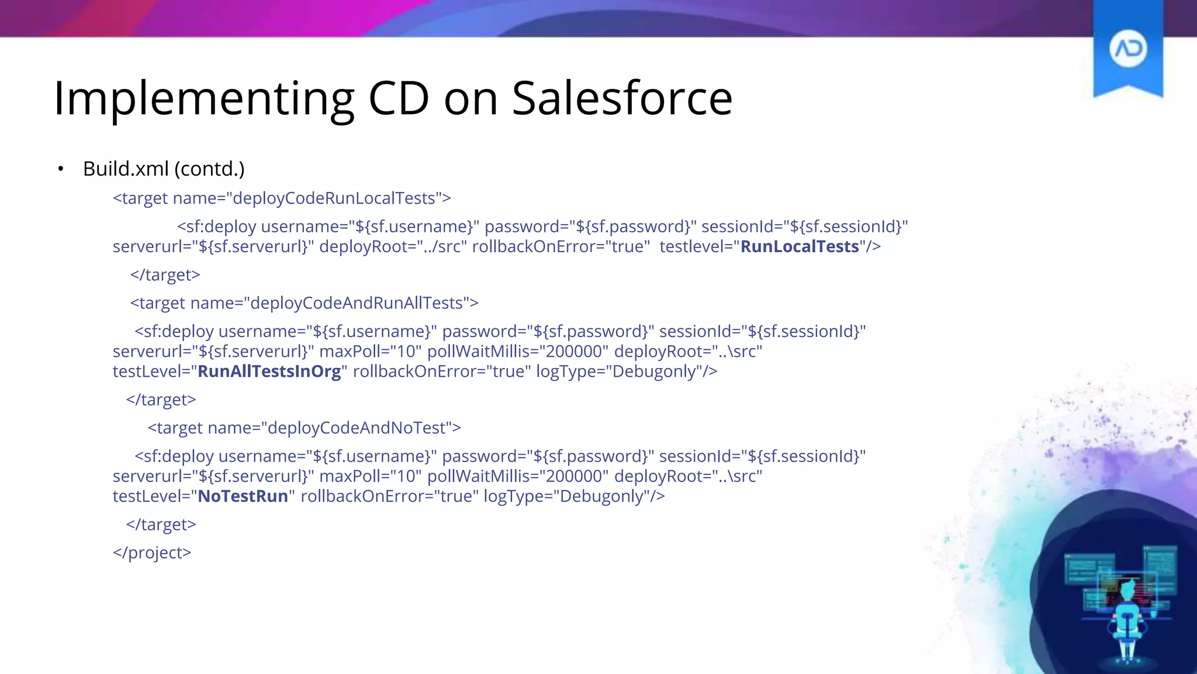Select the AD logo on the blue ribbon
click(x=1127, y=49)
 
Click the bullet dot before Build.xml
click(x=61, y=169)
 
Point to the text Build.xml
click(x=126, y=168)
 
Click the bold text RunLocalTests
click(x=800, y=246)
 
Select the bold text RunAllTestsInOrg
click(x=269, y=372)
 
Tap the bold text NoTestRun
click(x=243, y=496)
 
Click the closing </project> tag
click(x=152, y=552)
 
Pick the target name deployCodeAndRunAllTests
click(x=357, y=303)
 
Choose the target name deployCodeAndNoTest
click(x=357, y=428)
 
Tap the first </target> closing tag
click(x=165, y=274)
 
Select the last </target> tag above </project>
click(x=161, y=524)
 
